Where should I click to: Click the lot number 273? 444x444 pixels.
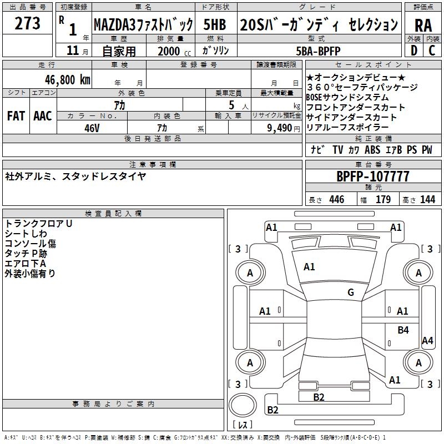click(x=28, y=24)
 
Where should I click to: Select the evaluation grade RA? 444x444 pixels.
click(x=423, y=26)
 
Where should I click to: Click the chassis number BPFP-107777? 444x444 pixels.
click(x=373, y=176)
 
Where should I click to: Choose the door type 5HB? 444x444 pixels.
click(x=215, y=24)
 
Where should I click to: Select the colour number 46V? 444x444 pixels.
click(x=92, y=127)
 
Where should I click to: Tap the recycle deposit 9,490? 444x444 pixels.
click(x=280, y=128)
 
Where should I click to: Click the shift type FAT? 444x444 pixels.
click(x=16, y=116)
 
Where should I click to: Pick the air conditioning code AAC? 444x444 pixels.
click(x=43, y=116)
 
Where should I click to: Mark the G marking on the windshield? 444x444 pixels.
click(x=350, y=292)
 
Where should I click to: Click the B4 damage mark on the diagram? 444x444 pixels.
click(x=403, y=330)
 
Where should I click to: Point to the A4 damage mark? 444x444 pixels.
click(x=427, y=341)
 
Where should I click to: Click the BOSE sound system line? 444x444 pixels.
click(x=347, y=97)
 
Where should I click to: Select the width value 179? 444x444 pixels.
click(x=384, y=200)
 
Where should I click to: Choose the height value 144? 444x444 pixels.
click(x=427, y=200)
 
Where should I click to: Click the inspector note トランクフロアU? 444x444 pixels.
click(x=39, y=223)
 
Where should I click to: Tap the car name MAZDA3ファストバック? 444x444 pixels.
click(x=143, y=24)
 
